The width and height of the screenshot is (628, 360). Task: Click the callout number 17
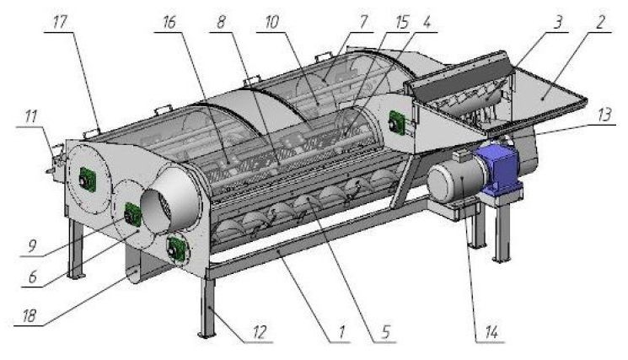click(x=59, y=23)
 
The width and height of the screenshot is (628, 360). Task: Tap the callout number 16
click(x=169, y=23)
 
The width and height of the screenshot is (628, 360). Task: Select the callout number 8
click(x=221, y=23)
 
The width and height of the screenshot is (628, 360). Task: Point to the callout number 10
click(x=272, y=23)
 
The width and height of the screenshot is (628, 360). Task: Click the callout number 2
click(x=600, y=23)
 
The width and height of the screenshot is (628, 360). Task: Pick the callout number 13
click(x=604, y=115)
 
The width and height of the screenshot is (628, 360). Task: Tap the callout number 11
click(x=31, y=116)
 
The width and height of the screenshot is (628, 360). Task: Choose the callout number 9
click(x=32, y=246)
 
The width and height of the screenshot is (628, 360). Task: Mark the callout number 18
click(x=30, y=316)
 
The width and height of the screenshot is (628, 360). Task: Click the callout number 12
click(x=260, y=332)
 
